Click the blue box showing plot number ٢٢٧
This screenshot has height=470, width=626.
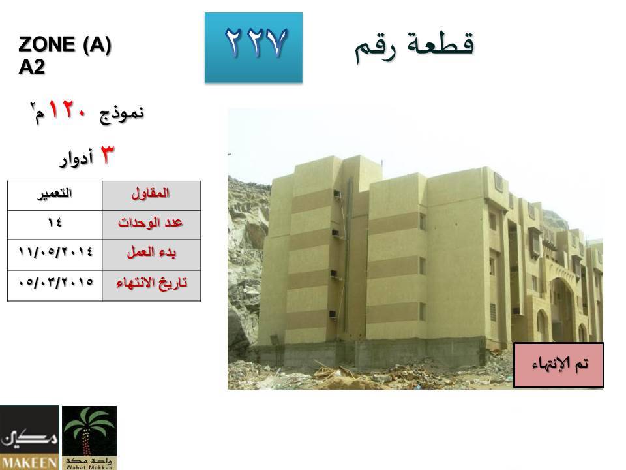pyautogui.click(x=254, y=48)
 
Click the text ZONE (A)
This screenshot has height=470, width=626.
pyautogui.click(x=65, y=44)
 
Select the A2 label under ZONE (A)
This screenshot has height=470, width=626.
pyautogui.click(x=31, y=67)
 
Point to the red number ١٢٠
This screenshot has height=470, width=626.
pyautogui.click(x=67, y=109)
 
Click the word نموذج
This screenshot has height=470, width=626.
pyautogui.click(x=121, y=114)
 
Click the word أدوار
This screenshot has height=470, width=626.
pyautogui.click(x=76, y=158)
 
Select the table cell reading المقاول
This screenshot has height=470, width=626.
pyautogui.click(x=151, y=196)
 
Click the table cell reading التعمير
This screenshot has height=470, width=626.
pyautogui.click(x=55, y=196)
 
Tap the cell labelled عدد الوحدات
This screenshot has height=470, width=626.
pyautogui.click(x=151, y=225)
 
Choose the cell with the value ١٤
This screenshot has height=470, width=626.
pyautogui.click(x=55, y=225)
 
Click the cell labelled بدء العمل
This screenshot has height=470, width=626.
pyautogui.click(x=151, y=255)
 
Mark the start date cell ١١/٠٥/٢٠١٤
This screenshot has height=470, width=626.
pyautogui.click(x=55, y=255)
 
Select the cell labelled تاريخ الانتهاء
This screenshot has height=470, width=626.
pyautogui.click(x=151, y=285)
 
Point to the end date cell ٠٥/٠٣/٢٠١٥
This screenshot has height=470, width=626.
pyautogui.click(x=55, y=285)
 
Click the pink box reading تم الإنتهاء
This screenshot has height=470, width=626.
pyautogui.click(x=559, y=365)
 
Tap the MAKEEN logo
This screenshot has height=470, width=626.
pyautogui.click(x=29, y=437)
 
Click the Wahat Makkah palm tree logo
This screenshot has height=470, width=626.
pyautogui.click(x=89, y=437)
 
